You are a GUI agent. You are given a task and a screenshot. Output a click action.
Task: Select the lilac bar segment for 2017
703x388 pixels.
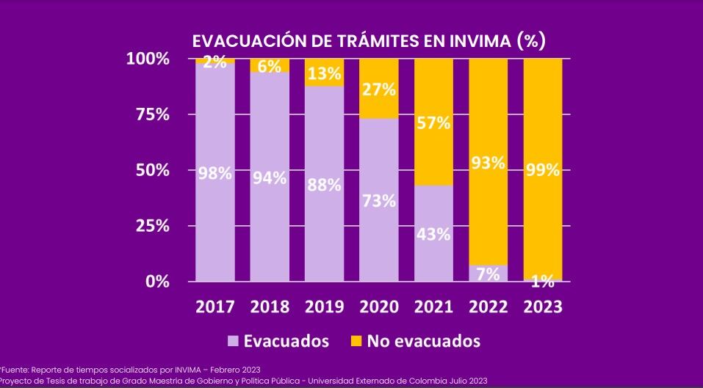coord(214,220)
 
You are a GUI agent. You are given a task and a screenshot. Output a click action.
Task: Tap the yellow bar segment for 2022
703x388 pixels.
coord(489,110)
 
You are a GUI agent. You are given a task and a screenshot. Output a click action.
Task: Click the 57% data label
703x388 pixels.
coord(433,123)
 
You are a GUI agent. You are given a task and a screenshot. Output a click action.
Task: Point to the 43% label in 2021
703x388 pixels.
coord(433,235)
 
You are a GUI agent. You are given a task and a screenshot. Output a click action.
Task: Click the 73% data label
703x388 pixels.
coord(379,201)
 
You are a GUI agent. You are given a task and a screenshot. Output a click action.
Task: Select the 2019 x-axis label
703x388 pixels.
coord(324,307)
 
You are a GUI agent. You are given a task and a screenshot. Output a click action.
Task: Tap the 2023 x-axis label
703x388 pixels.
coord(542,307)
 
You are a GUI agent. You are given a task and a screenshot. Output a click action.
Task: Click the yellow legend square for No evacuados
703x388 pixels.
coord(356,341)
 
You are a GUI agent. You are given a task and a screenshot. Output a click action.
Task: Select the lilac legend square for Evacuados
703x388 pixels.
coord(234,341)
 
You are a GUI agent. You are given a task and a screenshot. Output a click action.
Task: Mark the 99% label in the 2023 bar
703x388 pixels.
coord(543,171)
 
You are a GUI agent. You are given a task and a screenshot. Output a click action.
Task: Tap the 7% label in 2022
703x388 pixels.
coord(489,274)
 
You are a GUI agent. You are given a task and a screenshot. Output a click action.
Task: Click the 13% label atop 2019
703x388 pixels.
coord(324,74)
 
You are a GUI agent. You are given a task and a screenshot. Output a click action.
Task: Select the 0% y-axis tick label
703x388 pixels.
coord(156,282)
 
